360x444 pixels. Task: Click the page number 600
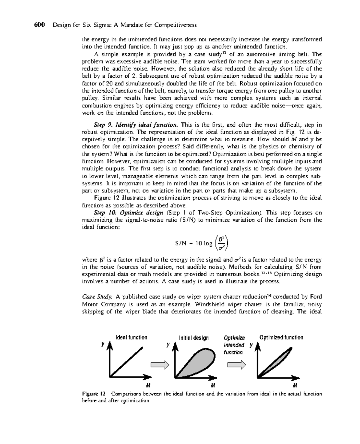coord(39,25)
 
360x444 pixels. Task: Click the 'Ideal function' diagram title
coord(131,337)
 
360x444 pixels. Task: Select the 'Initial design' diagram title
coord(194,338)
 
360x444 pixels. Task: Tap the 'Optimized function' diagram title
coord(281,337)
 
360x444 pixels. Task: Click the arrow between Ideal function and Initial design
coord(160,364)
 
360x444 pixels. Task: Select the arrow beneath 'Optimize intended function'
coord(236,365)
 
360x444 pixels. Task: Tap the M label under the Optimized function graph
coord(295,385)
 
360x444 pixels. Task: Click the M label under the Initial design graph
coord(213,385)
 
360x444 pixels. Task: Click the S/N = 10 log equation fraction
coord(221,243)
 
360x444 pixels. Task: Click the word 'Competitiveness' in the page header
coord(175,25)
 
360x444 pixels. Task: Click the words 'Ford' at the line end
coord(316,297)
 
